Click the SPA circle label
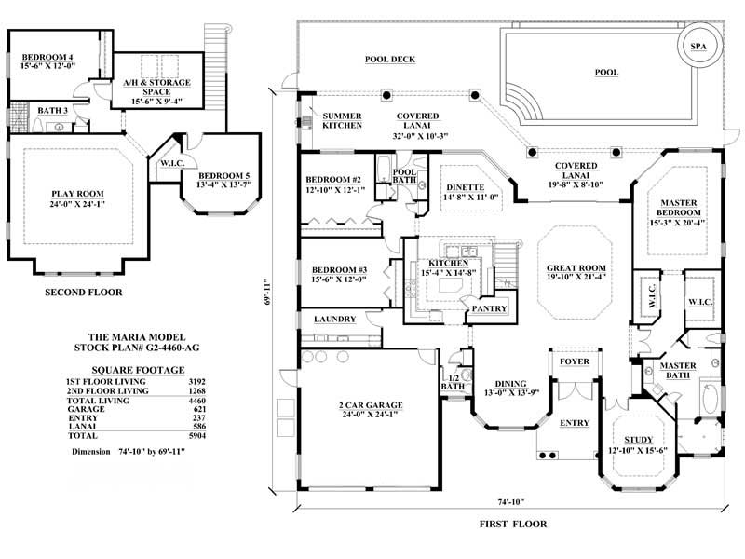(698, 46)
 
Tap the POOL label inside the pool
(605, 72)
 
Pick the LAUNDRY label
(335, 319)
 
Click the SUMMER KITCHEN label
(342, 120)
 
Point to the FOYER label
(569, 361)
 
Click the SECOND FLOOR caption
(84, 292)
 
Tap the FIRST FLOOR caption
(513, 524)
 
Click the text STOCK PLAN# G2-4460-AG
(137, 346)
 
